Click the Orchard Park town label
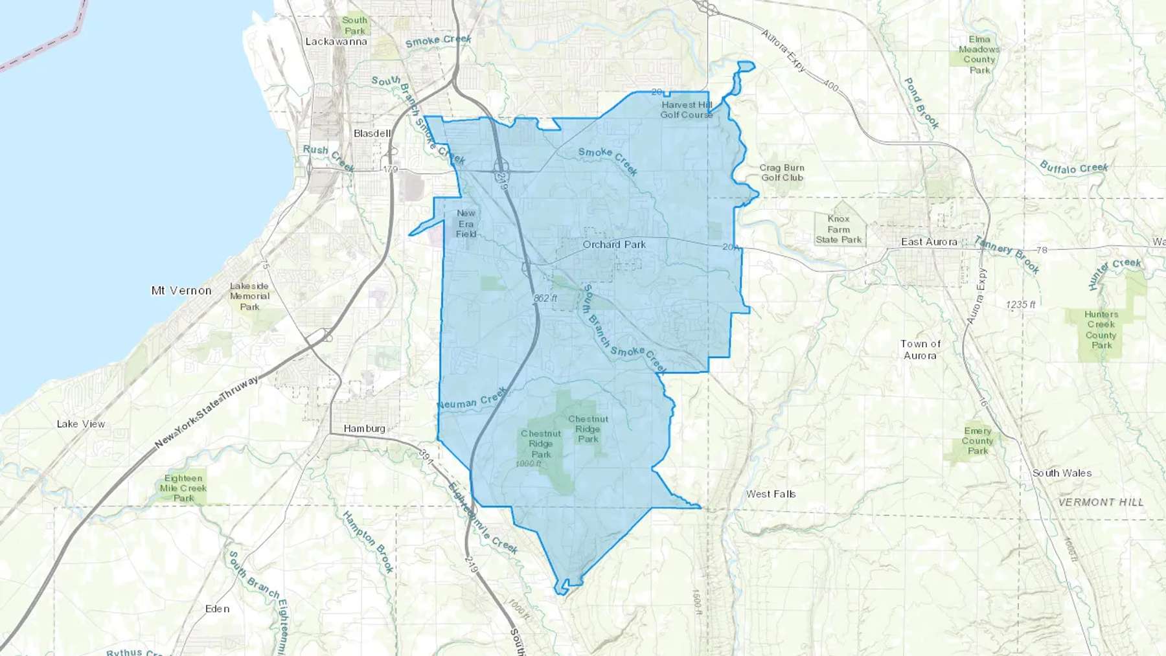coord(613,245)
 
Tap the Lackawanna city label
coord(336,41)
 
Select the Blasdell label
coord(372,133)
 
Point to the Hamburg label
coord(364,429)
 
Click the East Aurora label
coord(929,242)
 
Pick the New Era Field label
coord(466,223)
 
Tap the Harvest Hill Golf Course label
coord(686,109)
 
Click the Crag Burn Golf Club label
coord(782,172)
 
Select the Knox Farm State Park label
coord(838,229)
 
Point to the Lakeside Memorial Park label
coord(249,296)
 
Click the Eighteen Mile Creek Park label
coord(183,488)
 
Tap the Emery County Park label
coord(977,440)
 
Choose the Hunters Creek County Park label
coord(1101,330)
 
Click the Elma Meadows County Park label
coord(979,54)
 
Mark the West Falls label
coord(770,494)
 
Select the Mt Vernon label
coord(181,291)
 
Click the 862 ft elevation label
coord(545,298)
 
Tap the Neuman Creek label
coord(471,400)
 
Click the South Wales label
coord(1062,473)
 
